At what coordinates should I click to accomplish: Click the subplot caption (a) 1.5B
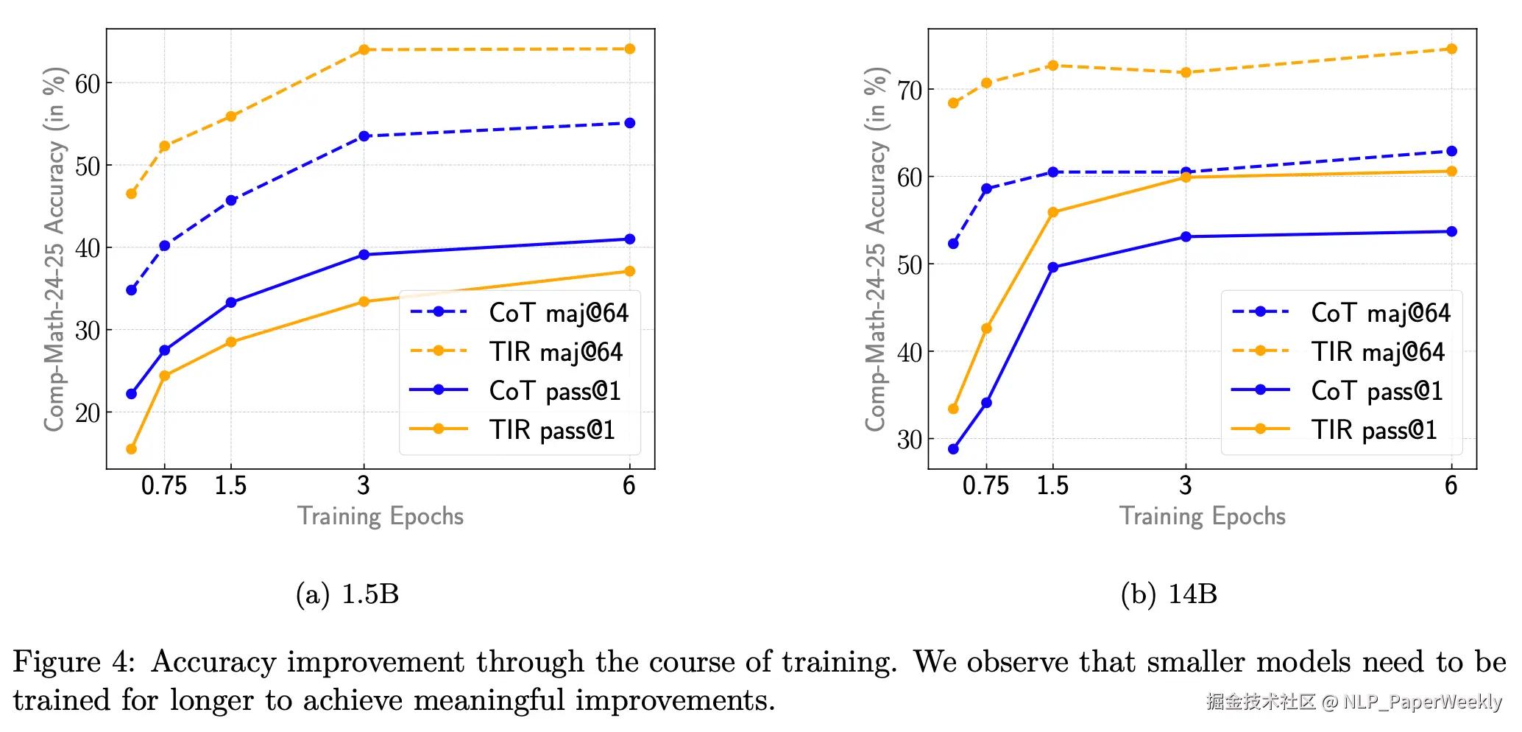click(347, 594)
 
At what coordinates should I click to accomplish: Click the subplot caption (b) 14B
click(1169, 594)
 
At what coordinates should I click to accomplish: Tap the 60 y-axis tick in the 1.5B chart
click(88, 84)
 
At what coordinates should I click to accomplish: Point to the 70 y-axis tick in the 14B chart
click(910, 91)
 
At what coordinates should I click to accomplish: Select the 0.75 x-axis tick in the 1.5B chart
click(164, 486)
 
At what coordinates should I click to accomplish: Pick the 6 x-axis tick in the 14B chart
click(1451, 486)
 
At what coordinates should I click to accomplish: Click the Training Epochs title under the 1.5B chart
click(380, 516)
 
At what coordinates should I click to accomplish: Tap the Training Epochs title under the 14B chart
click(1203, 516)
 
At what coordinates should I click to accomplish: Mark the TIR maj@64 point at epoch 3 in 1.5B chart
click(364, 50)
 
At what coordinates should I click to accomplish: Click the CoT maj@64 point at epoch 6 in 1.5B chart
click(629, 123)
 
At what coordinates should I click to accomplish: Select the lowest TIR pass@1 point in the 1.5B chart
click(131, 449)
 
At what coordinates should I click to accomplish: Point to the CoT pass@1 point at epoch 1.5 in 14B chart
click(1052, 267)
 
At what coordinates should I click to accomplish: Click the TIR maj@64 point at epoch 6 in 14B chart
click(1451, 49)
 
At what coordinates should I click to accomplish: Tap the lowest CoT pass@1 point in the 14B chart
click(953, 449)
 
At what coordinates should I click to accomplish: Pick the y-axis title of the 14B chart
click(875, 249)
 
